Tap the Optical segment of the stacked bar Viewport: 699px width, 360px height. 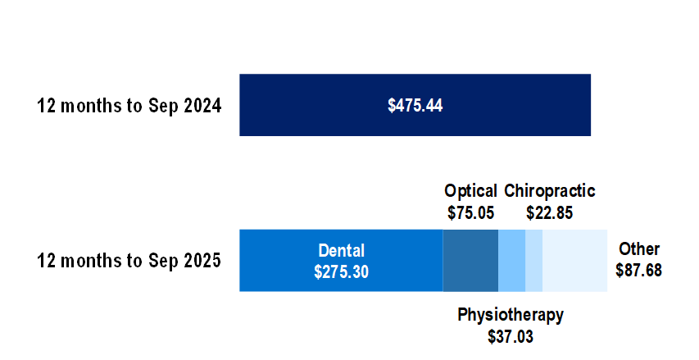(470, 261)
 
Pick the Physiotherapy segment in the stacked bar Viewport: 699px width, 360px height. (511, 261)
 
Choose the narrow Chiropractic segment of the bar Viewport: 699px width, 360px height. (533, 261)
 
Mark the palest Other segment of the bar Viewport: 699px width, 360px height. (574, 261)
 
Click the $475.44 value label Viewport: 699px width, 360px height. (415, 106)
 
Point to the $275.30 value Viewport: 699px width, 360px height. (341, 271)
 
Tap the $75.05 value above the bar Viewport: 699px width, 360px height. (471, 212)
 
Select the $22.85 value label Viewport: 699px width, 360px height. (549, 212)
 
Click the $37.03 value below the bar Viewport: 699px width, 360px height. (511, 335)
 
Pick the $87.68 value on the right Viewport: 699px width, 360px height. (638, 270)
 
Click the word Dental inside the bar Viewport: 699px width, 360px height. (342, 251)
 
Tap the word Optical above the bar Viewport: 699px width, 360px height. (470, 191)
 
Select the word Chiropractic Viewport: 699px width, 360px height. (550, 191)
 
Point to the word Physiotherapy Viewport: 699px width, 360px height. (511, 315)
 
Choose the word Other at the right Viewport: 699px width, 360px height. (639, 249)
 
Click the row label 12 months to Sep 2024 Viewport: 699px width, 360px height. (129, 106)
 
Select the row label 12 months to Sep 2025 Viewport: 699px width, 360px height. (129, 262)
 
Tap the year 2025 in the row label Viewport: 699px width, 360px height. (202, 262)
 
